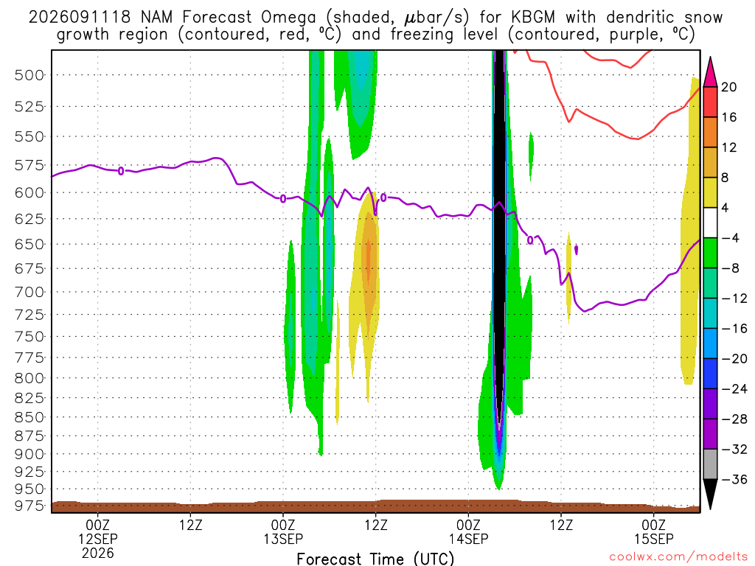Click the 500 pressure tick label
(x=29, y=76)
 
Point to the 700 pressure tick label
(x=29, y=292)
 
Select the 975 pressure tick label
(x=29, y=506)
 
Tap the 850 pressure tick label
(x=29, y=417)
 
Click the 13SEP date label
(x=283, y=539)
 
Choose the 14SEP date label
(x=468, y=539)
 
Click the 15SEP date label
(x=653, y=539)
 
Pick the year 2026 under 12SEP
(x=98, y=553)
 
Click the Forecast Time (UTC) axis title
(x=375, y=559)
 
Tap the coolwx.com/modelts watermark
(x=678, y=557)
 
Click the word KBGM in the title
(x=533, y=18)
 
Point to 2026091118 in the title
(x=80, y=18)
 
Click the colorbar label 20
(x=728, y=87)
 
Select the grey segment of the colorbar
(x=710, y=464)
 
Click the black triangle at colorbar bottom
(x=710, y=493)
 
